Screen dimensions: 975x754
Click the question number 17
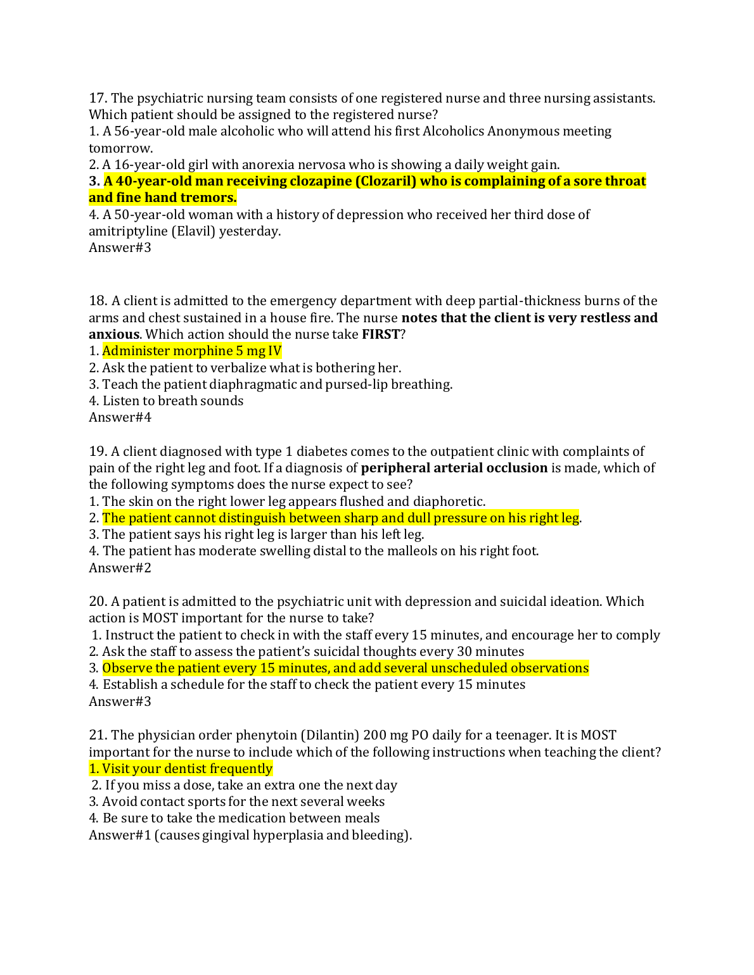(98, 98)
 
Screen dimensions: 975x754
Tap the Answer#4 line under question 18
(120, 417)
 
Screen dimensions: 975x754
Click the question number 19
(98, 451)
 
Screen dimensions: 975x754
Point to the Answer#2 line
(120, 568)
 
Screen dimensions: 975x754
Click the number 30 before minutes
(465, 651)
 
